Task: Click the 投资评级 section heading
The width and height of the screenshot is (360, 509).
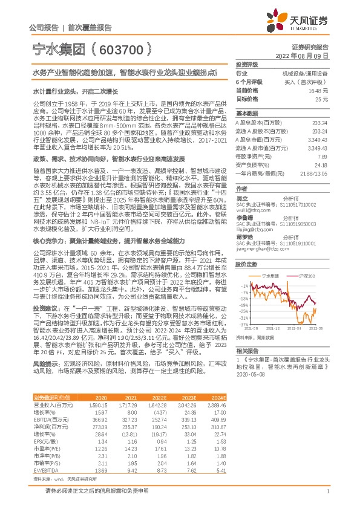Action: [x=247, y=63]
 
